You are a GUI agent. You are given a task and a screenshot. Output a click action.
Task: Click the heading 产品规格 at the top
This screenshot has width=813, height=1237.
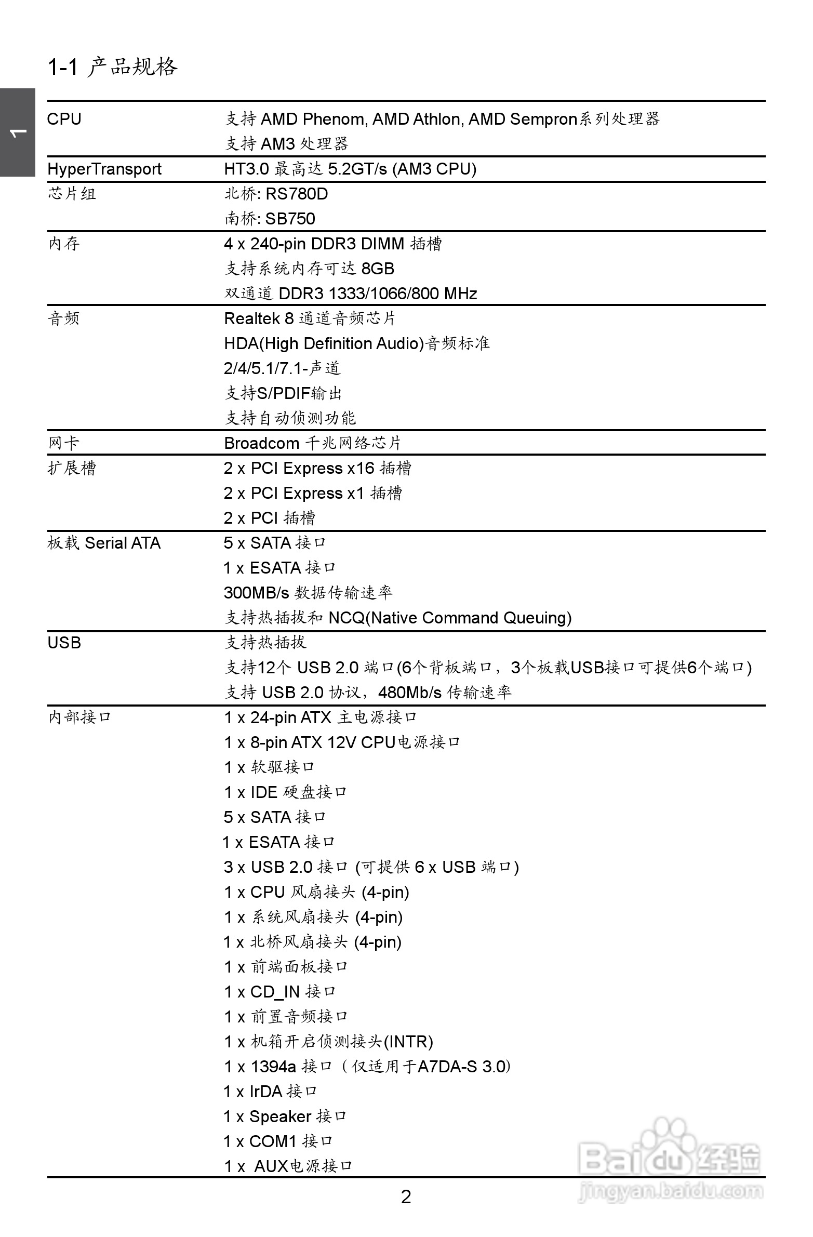132,67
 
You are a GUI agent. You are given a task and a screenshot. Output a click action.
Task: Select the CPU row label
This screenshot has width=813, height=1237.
64,119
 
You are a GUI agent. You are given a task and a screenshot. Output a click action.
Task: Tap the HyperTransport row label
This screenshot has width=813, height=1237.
104,169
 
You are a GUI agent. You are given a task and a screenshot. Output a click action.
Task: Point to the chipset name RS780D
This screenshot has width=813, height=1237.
296,194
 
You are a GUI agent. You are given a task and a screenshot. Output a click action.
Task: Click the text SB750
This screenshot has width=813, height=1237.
290,219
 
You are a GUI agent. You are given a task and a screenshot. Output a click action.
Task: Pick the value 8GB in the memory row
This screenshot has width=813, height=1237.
377,269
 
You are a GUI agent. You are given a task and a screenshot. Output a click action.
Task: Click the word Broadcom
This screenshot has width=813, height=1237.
261,443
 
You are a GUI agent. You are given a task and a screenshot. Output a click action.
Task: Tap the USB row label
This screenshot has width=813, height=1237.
64,643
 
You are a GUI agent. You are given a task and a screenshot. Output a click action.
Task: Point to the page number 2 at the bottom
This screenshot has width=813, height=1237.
406,1197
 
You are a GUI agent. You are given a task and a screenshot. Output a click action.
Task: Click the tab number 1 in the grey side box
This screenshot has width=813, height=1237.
17,133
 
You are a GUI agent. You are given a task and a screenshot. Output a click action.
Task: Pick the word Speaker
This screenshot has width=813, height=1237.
280,1116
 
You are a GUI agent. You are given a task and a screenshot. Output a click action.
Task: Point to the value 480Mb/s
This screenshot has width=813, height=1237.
410,693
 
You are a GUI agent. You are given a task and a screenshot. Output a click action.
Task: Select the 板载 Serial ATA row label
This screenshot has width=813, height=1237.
104,543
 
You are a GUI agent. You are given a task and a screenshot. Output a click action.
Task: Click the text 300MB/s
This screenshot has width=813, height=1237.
256,593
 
